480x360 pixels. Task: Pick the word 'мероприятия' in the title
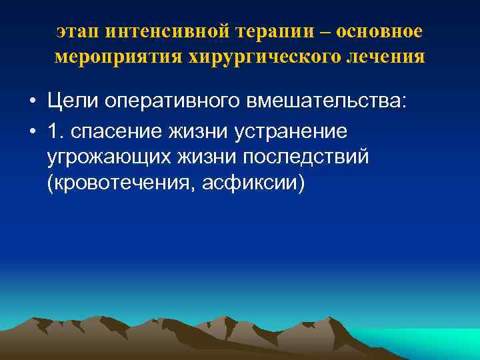[x=111, y=57]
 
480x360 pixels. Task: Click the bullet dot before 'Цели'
[x=32, y=102]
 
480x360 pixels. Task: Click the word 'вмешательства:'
[x=326, y=102]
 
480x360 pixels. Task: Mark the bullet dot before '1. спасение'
[x=32, y=131]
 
